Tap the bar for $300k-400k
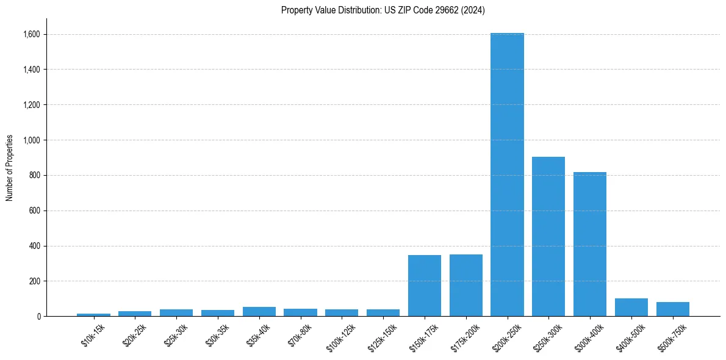click(590, 244)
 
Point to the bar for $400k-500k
click(631, 308)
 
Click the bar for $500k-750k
click(673, 309)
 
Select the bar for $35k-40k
click(259, 312)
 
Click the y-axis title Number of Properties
click(10, 168)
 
